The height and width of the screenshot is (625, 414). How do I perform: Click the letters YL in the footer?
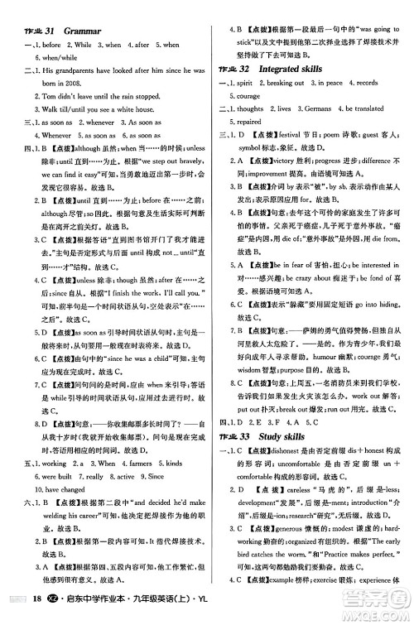click(x=199, y=612)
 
